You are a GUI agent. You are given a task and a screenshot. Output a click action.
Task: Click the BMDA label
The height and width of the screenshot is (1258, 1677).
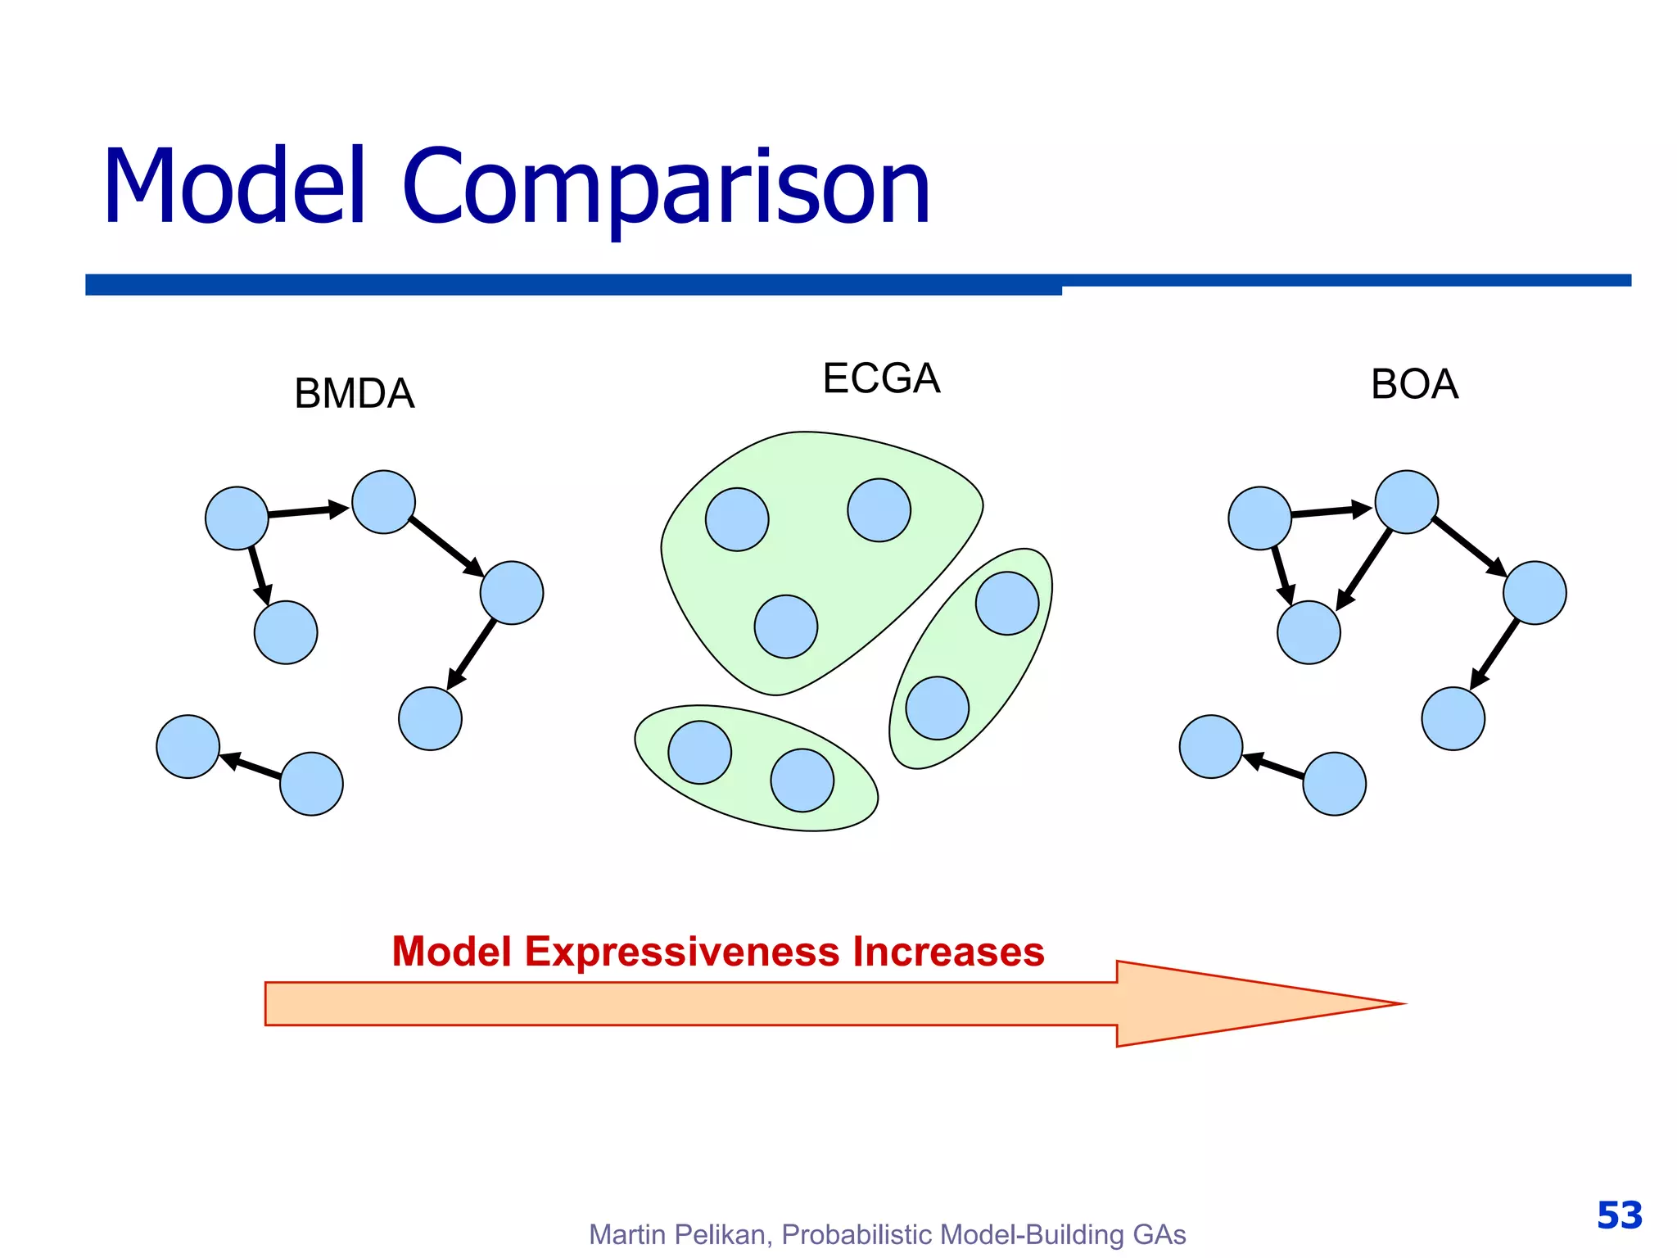(354, 394)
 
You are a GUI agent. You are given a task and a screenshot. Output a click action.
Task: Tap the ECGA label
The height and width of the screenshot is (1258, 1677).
(881, 378)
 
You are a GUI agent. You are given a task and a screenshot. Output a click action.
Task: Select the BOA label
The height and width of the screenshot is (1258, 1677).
(1414, 384)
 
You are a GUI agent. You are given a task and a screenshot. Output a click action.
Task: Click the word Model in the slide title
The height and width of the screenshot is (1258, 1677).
(234, 186)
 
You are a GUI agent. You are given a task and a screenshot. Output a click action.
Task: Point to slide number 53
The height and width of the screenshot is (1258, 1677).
(1619, 1215)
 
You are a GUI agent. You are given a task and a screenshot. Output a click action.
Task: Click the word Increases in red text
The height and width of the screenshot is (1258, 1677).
(948, 952)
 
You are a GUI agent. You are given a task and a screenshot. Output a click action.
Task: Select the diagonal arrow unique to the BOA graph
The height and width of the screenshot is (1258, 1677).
(1363, 570)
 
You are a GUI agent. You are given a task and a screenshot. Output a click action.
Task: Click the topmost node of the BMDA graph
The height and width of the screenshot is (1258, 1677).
(383, 502)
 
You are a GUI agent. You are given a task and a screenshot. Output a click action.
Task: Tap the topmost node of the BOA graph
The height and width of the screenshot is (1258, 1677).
(1406, 502)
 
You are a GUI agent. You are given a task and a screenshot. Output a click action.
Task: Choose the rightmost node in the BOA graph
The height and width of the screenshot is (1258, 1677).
(1535, 593)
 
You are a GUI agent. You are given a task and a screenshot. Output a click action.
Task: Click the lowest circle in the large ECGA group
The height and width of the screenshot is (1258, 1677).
(785, 627)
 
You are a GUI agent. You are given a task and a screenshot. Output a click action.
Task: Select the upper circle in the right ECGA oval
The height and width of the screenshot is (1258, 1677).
(1007, 604)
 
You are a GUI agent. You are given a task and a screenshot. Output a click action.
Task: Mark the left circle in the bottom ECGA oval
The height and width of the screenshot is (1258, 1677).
(699, 752)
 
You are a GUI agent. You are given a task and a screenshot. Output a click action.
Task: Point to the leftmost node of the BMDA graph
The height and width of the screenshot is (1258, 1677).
(188, 746)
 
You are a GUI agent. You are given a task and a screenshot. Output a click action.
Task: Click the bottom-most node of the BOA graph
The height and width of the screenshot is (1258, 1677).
(1334, 784)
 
